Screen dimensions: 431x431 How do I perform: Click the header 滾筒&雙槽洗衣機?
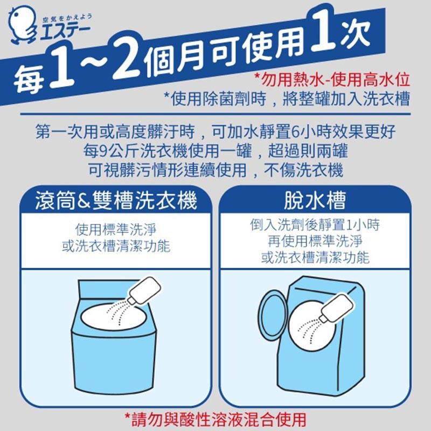coord(115,201)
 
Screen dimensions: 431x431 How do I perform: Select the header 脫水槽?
coord(315,201)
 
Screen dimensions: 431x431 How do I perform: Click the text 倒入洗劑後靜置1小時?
coord(315,225)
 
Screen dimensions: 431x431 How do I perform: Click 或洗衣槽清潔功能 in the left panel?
coord(116,246)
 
